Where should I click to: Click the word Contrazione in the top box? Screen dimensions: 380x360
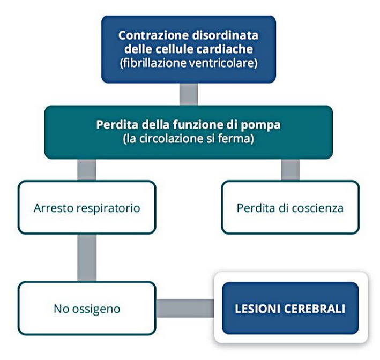tap(153, 35)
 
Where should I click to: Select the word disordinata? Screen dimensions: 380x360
tap(226, 35)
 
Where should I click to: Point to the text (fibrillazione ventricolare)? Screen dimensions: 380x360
tap(189, 63)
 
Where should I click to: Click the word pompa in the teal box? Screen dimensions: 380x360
tap(261, 125)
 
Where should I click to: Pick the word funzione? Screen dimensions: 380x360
tap(198, 125)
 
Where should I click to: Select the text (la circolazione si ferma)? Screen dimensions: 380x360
tap(189, 139)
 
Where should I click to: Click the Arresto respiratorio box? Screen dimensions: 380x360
tap(87, 207)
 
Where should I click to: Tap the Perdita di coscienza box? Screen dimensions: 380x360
tap(290, 207)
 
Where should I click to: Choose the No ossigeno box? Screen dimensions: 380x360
tap(87, 309)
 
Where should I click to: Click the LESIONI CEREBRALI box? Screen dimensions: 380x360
tap(290, 309)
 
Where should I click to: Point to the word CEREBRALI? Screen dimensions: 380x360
tap(314, 309)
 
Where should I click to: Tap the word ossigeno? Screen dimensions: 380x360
tap(96, 310)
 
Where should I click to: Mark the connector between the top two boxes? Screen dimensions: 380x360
tap(189, 94)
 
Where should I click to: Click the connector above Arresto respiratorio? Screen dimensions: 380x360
tap(87, 170)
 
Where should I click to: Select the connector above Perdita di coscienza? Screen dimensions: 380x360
tap(290, 170)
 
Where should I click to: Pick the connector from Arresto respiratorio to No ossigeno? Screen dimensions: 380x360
tap(87, 258)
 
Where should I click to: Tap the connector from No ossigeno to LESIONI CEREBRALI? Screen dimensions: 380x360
tap(185, 308)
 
